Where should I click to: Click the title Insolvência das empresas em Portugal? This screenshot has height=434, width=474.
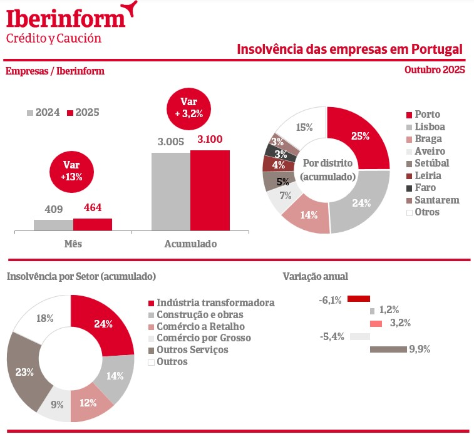point(350,49)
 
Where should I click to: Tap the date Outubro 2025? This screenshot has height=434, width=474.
point(435,70)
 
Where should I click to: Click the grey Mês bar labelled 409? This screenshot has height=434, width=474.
point(53,225)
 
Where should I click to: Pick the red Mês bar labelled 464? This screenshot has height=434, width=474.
point(92,225)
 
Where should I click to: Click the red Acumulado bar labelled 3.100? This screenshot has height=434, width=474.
point(210,191)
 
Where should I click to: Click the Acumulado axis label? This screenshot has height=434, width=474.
point(190,244)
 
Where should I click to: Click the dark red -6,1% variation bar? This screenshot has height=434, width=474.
point(359,299)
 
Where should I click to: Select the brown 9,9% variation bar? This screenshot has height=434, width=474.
point(388,349)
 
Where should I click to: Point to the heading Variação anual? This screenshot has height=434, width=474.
point(315,276)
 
